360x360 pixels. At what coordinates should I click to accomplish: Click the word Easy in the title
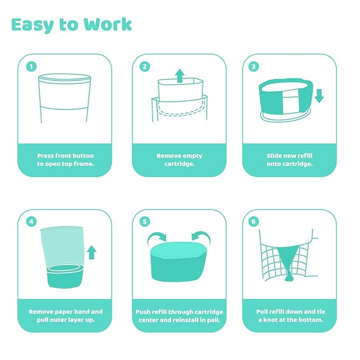[32, 25]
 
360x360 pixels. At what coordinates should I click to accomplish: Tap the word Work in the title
[108, 24]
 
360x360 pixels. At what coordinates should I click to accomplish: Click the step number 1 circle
[31, 67]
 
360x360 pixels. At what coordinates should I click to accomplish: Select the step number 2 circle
[145, 67]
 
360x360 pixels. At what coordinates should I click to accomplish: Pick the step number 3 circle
[253, 67]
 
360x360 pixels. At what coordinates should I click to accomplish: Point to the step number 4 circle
[31, 222]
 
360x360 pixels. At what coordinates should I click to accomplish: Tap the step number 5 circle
[145, 222]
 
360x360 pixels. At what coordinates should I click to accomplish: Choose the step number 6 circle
[253, 222]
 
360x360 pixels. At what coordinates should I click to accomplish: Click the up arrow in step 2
[180, 75]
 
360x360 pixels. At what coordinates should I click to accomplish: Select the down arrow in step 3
[319, 96]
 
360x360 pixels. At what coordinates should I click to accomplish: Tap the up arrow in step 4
[92, 252]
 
